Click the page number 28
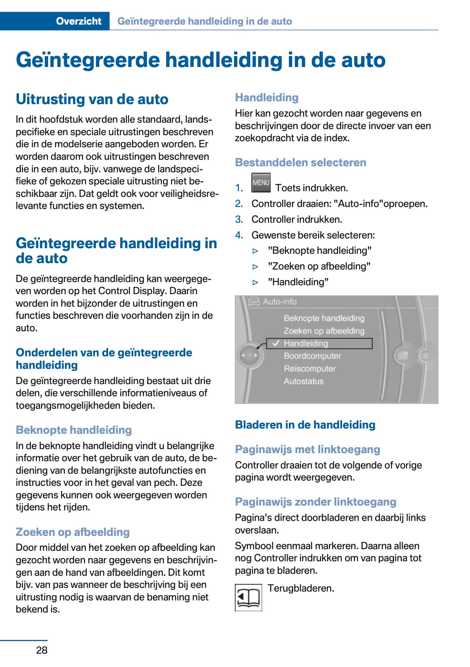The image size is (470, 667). tap(42, 650)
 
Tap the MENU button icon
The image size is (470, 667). tap(261, 183)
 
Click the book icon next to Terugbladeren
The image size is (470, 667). tap(248, 597)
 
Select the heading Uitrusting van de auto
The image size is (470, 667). tap(92, 99)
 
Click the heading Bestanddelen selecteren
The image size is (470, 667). tap(301, 163)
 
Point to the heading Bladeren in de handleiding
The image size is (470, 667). tap(305, 425)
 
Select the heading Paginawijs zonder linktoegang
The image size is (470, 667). tap(315, 502)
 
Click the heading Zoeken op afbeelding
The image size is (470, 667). tap(73, 532)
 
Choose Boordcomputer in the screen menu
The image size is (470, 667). tap(312, 356)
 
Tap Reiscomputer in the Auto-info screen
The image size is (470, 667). tap(309, 368)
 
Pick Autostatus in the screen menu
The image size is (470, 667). tap(303, 381)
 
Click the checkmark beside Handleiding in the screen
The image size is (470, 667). tap(276, 343)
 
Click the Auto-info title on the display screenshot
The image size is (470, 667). tap(279, 301)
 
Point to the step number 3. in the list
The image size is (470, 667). tap(239, 220)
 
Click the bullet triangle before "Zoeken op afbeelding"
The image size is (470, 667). tap(255, 267)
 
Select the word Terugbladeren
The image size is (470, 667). tap(301, 588)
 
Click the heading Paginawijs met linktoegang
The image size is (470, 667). tap(307, 450)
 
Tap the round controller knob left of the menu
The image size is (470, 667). tap(249, 355)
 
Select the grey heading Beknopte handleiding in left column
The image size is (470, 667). tap(74, 430)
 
